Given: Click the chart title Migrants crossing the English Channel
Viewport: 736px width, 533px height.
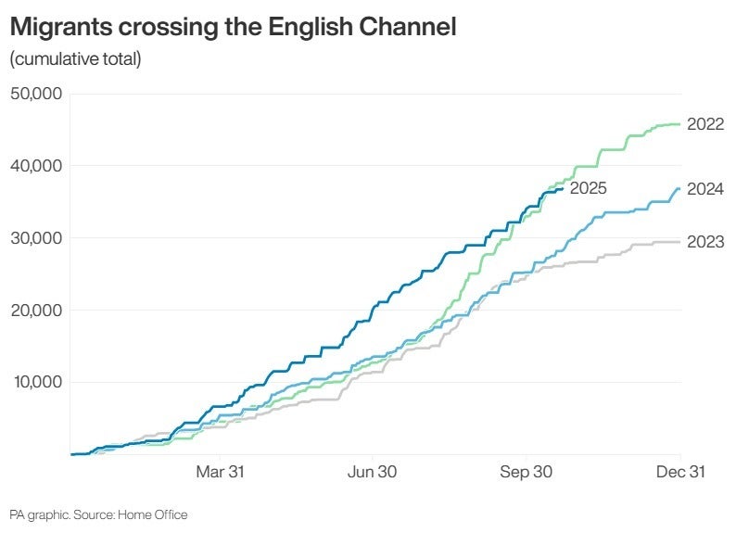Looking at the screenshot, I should [x=233, y=28].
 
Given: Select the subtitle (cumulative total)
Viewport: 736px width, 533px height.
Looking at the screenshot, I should [x=75, y=60].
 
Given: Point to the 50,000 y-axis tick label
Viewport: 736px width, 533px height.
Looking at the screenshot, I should [x=35, y=94].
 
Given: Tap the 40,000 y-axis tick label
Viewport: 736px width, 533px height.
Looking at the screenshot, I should [x=35, y=166].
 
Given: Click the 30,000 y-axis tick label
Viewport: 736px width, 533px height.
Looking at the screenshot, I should [x=35, y=238].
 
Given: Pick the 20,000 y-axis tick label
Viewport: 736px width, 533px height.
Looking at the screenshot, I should [x=35, y=311].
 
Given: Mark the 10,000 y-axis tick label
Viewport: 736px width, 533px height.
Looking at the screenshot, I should [x=35, y=383].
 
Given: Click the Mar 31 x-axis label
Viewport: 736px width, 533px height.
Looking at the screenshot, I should [x=220, y=472].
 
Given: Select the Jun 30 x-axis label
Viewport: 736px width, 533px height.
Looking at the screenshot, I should [x=373, y=472].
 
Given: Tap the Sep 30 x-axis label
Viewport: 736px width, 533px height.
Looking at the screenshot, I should [x=527, y=472].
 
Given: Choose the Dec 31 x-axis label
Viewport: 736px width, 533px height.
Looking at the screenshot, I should [x=681, y=472].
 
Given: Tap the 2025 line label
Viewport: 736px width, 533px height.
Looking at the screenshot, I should [x=588, y=188].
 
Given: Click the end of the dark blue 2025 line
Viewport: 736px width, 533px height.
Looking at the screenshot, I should [x=563, y=189].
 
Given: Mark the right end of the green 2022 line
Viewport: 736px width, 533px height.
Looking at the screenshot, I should [x=679, y=124].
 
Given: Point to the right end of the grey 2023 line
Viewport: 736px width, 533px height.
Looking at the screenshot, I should [x=679, y=242].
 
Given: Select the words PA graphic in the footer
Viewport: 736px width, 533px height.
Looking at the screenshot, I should [x=37, y=514].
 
